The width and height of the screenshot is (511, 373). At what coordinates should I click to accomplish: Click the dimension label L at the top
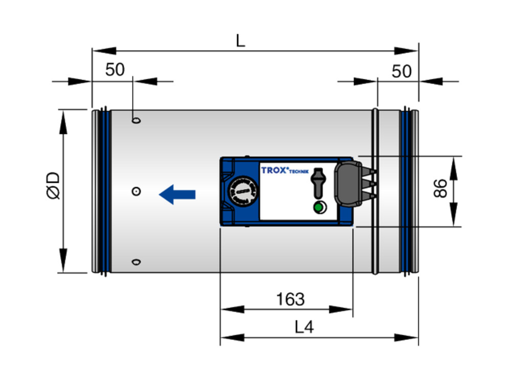[241, 41]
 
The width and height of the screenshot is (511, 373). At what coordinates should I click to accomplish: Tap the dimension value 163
[290, 299]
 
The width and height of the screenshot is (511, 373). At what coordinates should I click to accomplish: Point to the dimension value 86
[440, 188]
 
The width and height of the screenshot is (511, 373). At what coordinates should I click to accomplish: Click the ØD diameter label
[53, 185]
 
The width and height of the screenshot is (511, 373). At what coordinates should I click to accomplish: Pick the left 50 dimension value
[115, 70]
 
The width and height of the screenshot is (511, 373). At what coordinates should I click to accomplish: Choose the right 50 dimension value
[402, 71]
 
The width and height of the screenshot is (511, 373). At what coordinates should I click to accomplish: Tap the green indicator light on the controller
[319, 207]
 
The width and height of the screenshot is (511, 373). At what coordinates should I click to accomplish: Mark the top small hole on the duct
[136, 120]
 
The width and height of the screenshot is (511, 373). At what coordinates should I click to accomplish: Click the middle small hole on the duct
[136, 191]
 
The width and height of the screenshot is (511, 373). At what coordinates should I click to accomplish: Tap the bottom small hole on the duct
[136, 262]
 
